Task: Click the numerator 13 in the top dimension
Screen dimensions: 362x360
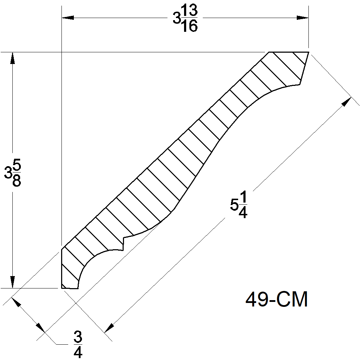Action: [190, 12]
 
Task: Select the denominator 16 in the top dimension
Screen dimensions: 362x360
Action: [190, 26]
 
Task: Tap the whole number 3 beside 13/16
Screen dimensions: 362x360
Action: [176, 19]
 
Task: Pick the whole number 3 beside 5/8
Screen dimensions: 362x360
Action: [8, 173]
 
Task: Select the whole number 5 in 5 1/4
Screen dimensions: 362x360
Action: [234, 205]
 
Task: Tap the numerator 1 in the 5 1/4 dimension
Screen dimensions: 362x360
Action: [243, 197]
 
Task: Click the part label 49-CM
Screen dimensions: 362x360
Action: [277, 300]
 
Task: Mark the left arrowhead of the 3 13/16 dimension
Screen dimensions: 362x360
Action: [68, 17]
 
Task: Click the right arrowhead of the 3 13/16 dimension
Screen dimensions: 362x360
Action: [302, 17]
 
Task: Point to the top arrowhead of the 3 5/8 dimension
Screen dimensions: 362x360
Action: [12, 58]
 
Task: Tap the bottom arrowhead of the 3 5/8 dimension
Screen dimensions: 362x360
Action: [12, 282]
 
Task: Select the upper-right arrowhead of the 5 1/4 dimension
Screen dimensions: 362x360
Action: [346, 101]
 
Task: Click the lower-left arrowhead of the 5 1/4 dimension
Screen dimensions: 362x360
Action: [109, 327]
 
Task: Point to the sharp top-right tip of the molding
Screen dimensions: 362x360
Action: [308, 52]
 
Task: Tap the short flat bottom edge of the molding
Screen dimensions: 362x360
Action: [70, 288]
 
